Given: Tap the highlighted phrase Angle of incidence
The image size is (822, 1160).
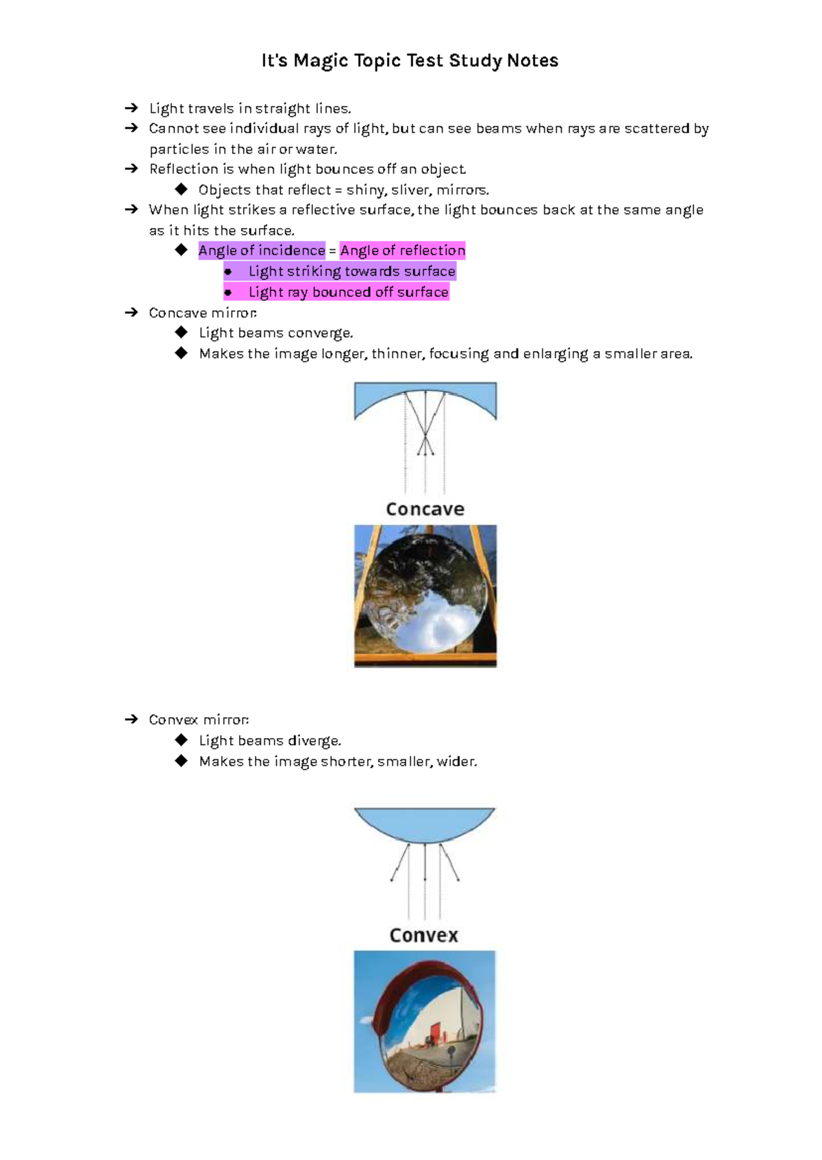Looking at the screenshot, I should click(262, 251).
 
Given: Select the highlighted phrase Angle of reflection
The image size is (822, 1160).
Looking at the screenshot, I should click(403, 251).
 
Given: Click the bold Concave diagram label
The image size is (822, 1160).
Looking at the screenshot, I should click(425, 509).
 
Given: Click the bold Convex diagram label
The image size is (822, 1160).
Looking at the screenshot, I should click(423, 935).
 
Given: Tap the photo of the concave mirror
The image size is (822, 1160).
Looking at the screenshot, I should click(425, 596).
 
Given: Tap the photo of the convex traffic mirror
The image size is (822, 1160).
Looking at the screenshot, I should click(425, 1021).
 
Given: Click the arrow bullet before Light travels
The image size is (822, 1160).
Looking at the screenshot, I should click(132, 108).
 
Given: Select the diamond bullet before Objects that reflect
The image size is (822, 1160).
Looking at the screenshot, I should click(182, 189).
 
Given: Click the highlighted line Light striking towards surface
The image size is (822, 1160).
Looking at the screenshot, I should click(351, 271).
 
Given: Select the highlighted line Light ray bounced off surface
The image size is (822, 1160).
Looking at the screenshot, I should click(348, 292).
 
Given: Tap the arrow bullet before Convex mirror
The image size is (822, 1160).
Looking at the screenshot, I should click(132, 720).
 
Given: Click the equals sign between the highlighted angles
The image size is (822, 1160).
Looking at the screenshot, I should click(332, 251).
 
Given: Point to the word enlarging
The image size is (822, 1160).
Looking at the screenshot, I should click(555, 354).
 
